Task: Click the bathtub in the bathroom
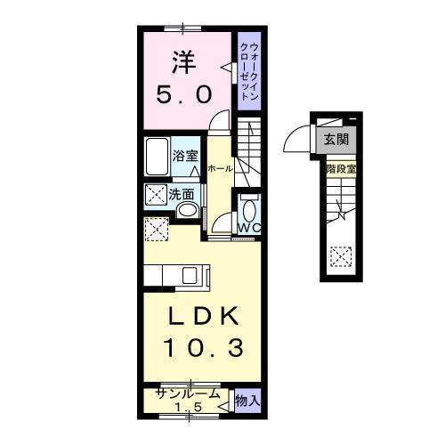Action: (157, 158)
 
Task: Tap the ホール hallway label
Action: (220, 168)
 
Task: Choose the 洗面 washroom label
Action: (183, 192)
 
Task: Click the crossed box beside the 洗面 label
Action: (156, 193)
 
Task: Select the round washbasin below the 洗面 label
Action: (188, 211)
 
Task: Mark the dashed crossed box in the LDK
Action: (157, 229)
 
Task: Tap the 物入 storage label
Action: (247, 402)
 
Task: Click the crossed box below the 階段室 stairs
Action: (340, 256)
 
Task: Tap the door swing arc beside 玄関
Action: (295, 140)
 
